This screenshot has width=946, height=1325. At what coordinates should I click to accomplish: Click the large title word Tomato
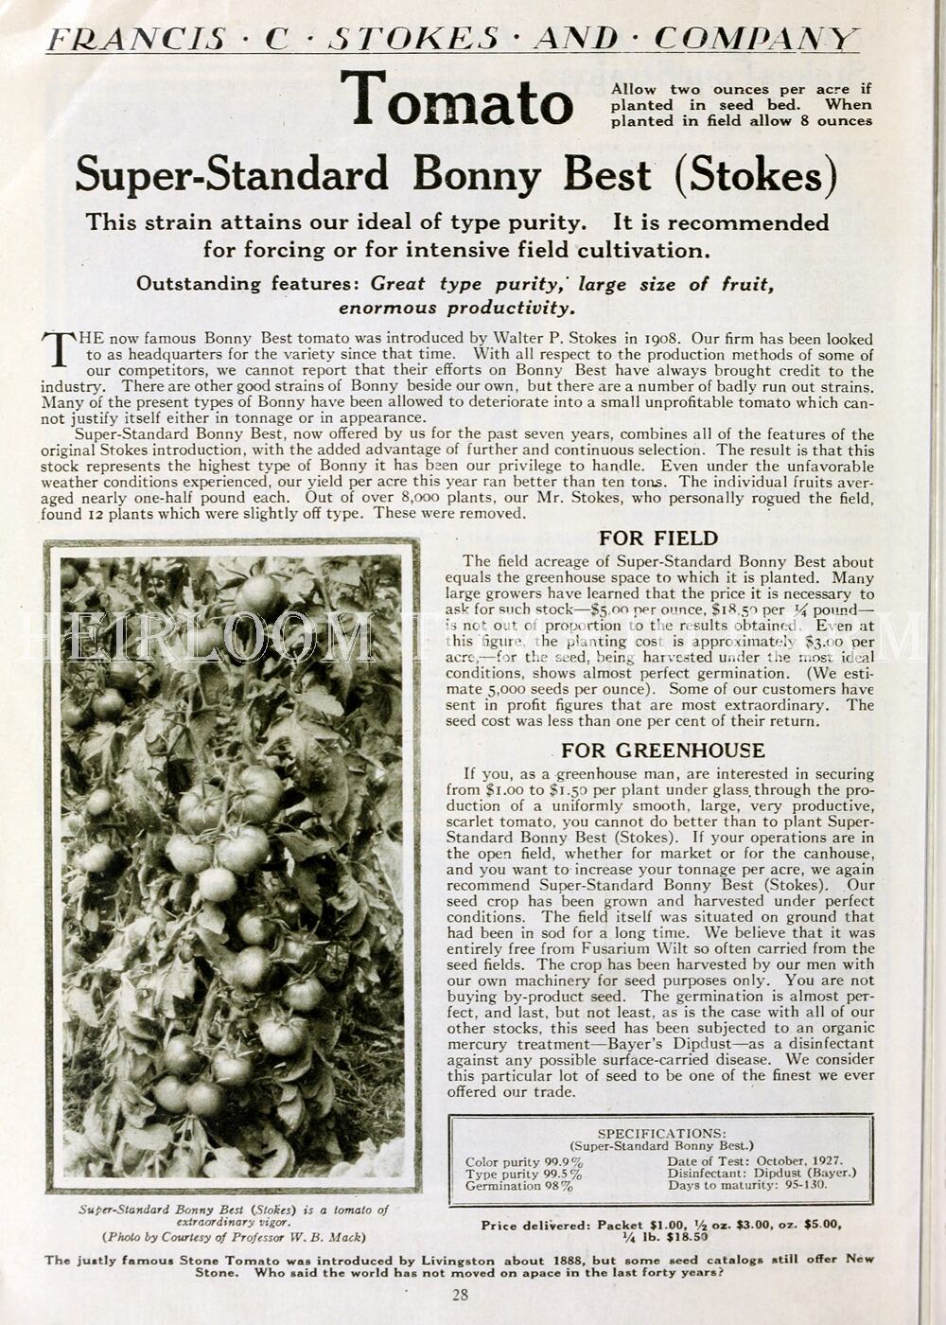click(457, 100)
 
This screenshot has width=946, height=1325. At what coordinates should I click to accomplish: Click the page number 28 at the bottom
click(460, 1295)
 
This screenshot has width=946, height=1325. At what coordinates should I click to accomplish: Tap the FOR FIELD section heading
click(658, 539)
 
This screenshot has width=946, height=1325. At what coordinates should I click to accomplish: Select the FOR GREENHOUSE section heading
click(662, 751)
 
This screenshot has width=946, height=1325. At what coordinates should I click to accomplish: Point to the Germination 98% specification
click(518, 1186)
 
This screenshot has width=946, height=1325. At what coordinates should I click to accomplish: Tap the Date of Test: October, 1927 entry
click(754, 1160)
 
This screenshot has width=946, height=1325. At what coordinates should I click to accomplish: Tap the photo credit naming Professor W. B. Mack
click(234, 1236)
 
